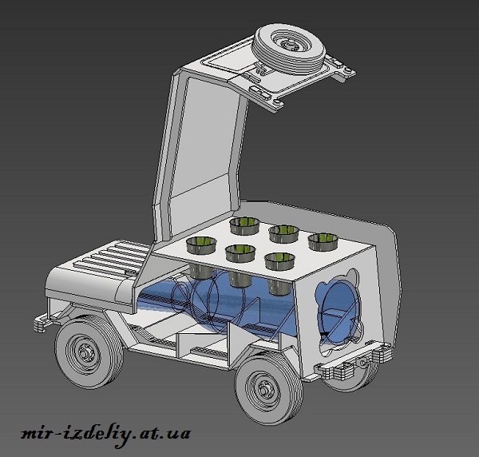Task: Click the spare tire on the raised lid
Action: point(289,50)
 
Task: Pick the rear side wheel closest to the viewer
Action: point(268,390)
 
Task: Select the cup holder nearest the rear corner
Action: point(323,241)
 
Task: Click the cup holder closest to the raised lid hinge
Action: point(244,225)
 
